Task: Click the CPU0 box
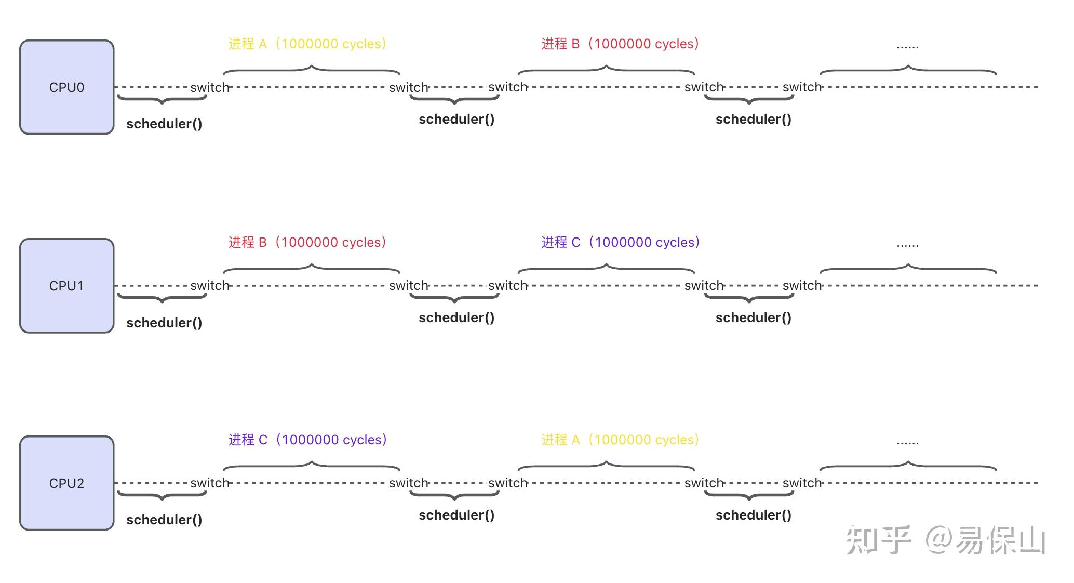(x=66, y=87)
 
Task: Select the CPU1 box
(x=66, y=286)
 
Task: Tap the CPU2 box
(x=66, y=483)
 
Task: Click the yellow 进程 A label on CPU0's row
(x=307, y=44)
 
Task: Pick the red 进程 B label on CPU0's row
(x=620, y=44)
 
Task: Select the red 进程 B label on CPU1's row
(x=307, y=242)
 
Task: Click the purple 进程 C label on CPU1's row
(x=620, y=242)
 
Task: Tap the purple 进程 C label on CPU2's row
(x=307, y=440)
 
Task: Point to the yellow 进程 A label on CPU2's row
(x=620, y=440)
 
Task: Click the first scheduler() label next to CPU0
(x=164, y=124)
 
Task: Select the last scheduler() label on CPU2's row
(x=753, y=515)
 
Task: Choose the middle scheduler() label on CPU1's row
(x=457, y=317)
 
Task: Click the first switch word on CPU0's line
(x=210, y=87)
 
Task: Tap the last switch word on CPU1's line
(x=802, y=286)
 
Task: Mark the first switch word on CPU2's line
(x=210, y=483)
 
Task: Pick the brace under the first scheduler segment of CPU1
(x=162, y=298)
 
